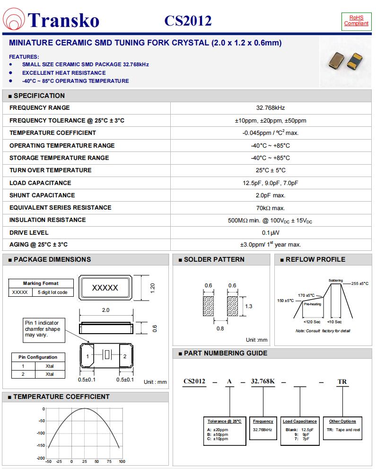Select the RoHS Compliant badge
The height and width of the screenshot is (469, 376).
[x=356, y=20]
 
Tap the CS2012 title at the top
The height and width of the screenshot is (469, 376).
[x=188, y=21]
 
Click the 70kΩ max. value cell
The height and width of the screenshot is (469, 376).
[x=270, y=208]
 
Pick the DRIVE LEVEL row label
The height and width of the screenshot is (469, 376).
[x=29, y=232]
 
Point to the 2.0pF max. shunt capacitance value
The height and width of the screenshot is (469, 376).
[x=270, y=195]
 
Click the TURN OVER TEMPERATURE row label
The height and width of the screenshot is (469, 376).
[x=51, y=170]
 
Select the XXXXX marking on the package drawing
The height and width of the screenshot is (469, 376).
[x=105, y=288]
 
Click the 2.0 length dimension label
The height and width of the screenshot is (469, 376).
[x=105, y=310]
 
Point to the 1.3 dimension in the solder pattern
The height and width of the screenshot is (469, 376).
[x=248, y=306]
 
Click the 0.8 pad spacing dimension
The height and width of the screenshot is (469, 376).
[x=220, y=328]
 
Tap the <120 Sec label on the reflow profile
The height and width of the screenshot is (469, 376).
[x=312, y=322]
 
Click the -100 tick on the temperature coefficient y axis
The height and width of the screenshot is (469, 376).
[x=41, y=433]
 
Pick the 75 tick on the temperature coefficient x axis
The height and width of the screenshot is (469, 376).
[x=109, y=461]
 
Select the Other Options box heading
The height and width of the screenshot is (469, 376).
[x=342, y=421]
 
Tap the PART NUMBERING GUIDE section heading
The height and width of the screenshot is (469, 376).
[x=226, y=354]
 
